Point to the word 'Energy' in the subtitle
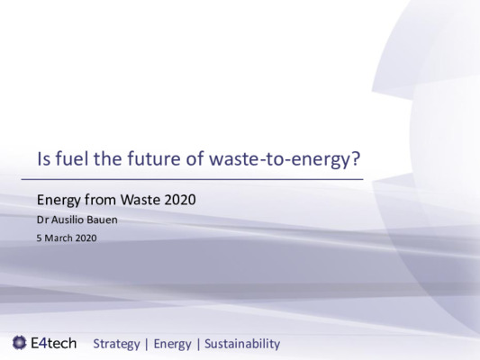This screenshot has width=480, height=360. point(56,200)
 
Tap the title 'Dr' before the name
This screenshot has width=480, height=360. point(41,220)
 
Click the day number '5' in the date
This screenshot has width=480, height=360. point(38,238)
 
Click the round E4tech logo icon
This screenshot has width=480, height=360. point(19,343)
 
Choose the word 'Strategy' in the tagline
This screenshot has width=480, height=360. point(117,344)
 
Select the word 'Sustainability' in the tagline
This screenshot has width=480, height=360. point(241,344)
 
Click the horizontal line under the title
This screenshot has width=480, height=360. point(198,180)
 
